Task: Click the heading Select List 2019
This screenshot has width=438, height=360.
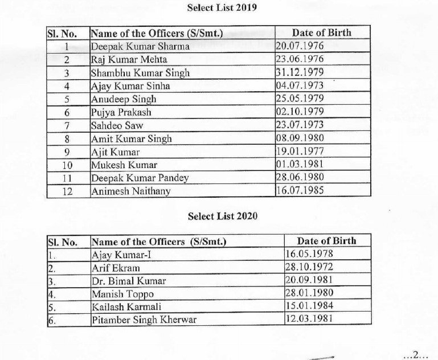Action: point(223,9)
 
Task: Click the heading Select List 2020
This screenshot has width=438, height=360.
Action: point(223,216)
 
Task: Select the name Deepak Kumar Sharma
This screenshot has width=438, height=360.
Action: point(140,47)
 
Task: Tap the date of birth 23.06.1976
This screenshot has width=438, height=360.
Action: point(299,60)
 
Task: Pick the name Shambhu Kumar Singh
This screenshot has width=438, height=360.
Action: point(140,73)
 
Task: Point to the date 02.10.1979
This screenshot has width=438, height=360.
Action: point(299,112)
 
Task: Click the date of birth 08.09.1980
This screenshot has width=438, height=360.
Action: point(299,138)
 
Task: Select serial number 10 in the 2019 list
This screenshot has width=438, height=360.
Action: point(67,165)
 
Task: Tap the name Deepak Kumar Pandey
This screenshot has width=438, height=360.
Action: point(140,178)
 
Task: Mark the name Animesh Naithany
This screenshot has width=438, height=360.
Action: point(130,191)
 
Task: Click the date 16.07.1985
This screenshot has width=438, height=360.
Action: point(299,191)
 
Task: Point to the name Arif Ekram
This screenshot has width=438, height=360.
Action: point(116,267)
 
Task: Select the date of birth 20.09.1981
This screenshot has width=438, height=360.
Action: point(309,280)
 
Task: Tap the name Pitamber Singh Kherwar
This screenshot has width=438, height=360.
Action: point(144,320)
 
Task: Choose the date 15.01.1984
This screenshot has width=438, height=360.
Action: point(309,306)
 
